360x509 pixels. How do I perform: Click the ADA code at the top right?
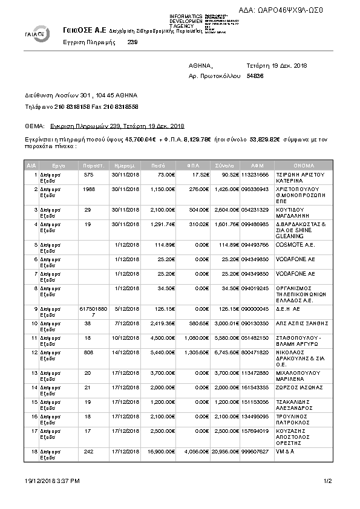tap(290, 10)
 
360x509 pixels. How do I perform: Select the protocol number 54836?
tap(255, 76)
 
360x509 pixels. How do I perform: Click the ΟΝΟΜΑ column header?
tap(304, 164)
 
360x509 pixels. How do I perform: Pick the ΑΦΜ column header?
tap(257, 164)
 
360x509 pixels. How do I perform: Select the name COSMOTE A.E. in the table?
tap(292, 245)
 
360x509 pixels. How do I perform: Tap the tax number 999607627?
tap(255, 451)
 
